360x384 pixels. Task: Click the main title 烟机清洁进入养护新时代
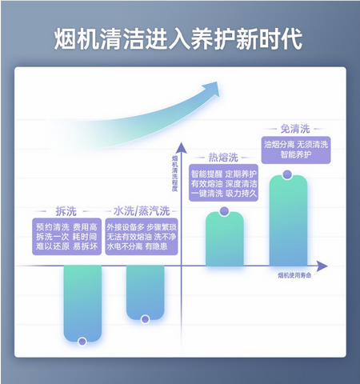[178, 39]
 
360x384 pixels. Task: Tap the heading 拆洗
[66, 211]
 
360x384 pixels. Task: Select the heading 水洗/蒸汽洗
[142, 210]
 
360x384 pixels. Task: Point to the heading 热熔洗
[223, 158]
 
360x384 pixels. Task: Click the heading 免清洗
[295, 129]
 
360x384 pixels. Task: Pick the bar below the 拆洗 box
[82, 303]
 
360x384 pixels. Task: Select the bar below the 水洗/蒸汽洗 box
[145, 293]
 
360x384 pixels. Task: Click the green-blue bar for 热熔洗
[225, 239]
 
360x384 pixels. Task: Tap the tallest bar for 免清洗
[288, 221]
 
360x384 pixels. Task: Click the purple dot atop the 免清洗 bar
[287, 174]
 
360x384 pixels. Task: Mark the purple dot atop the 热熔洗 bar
[225, 211]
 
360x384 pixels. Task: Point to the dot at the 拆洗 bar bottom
[82, 342]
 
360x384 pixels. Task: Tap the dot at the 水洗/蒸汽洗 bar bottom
[145, 319]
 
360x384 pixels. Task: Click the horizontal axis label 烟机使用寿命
[294, 275]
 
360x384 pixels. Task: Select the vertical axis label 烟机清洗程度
[174, 173]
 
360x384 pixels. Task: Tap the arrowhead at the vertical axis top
[182, 147]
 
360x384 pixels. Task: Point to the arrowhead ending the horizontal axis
[322, 266]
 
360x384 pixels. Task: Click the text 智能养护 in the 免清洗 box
[296, 154]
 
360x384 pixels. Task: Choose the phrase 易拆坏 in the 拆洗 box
[85, 246]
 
